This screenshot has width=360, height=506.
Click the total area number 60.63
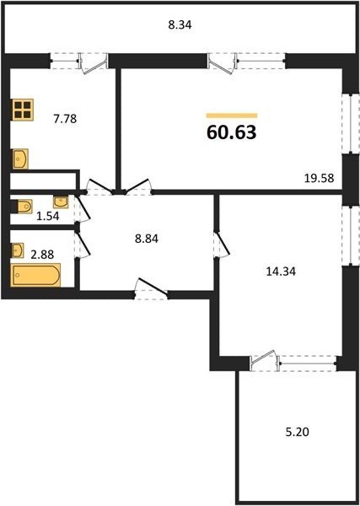[232, 132]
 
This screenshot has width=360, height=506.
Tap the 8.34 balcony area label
[180, 24]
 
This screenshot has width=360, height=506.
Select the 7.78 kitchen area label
[65, 119]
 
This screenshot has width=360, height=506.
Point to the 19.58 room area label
[320, 178]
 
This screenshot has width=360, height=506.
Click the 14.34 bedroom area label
[281, 272]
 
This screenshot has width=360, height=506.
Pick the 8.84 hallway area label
[147, 240]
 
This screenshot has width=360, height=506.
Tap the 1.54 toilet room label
[48, 216]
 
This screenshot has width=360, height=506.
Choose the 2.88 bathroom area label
[42, 255]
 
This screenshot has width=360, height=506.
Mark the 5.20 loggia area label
[297, 432]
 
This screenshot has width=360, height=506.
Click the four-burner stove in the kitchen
[23, 110]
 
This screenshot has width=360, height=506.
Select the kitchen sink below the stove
[20, 159]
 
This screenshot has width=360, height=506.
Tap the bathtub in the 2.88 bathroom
[36, 275]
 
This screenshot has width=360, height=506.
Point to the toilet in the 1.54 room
[23, 207]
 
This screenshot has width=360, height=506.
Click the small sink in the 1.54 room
[61, 202]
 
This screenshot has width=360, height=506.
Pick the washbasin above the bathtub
[18, 250]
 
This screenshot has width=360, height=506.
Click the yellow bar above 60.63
[232, 116]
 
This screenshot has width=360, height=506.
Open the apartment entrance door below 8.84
[151, 289]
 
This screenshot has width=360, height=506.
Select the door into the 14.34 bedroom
[222, 244]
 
